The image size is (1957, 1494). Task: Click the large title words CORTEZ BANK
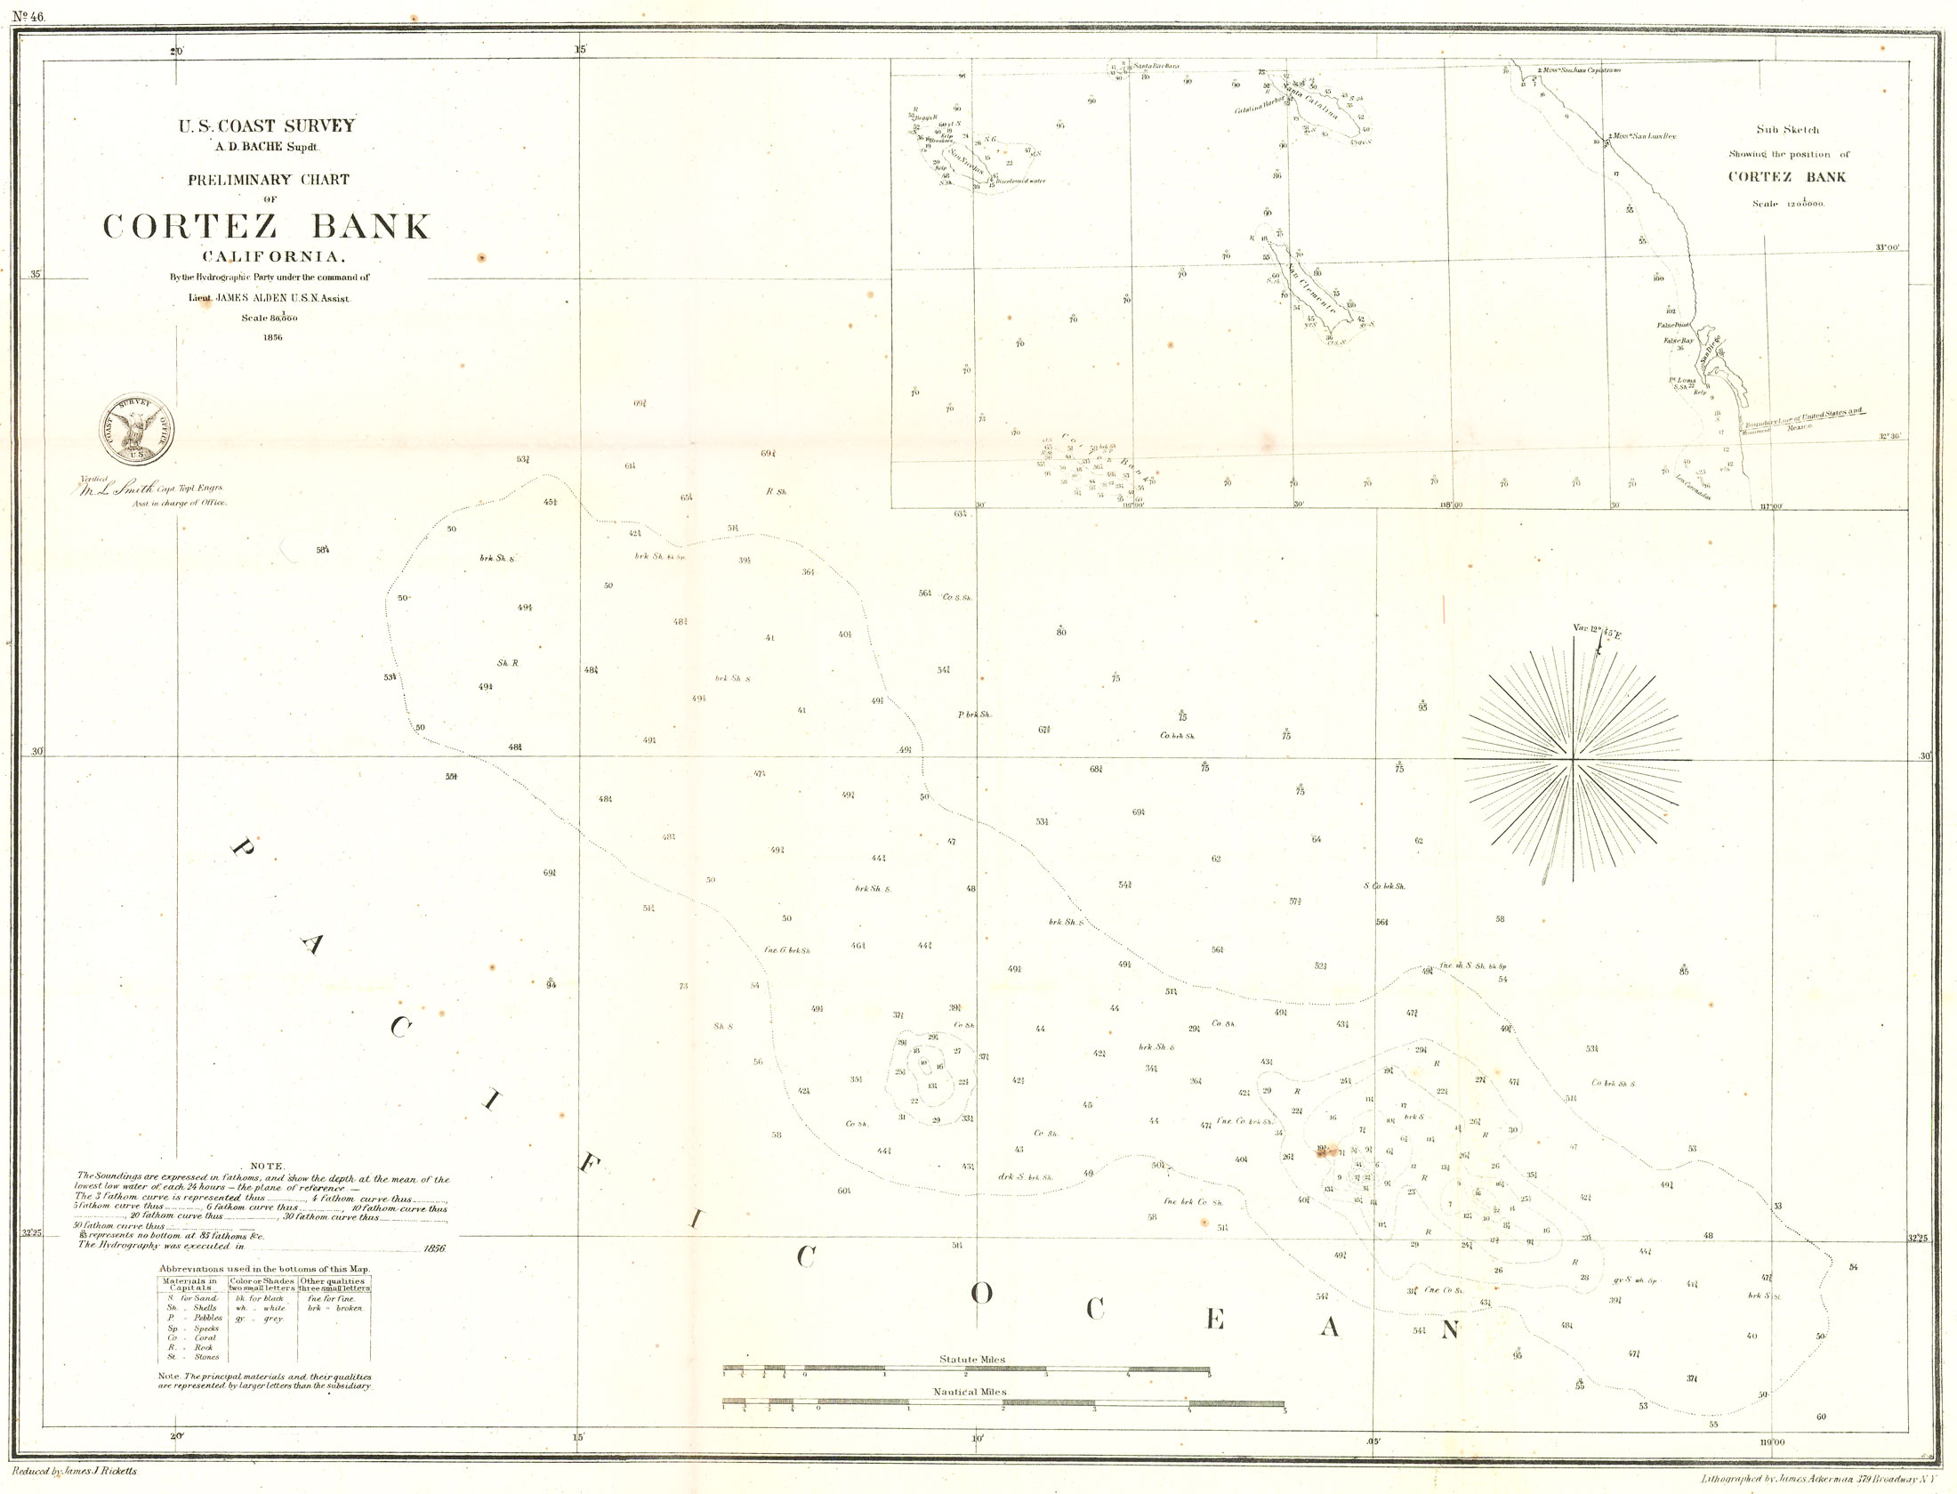click(x=267, y=227)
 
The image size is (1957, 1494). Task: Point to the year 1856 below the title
click(x=272, y=337)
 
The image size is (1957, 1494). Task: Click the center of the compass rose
click(x=1574, y=759)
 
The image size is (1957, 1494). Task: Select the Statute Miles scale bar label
click(x=971, y=1360)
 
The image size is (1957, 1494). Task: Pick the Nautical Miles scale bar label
click(x=970, y=1392)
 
